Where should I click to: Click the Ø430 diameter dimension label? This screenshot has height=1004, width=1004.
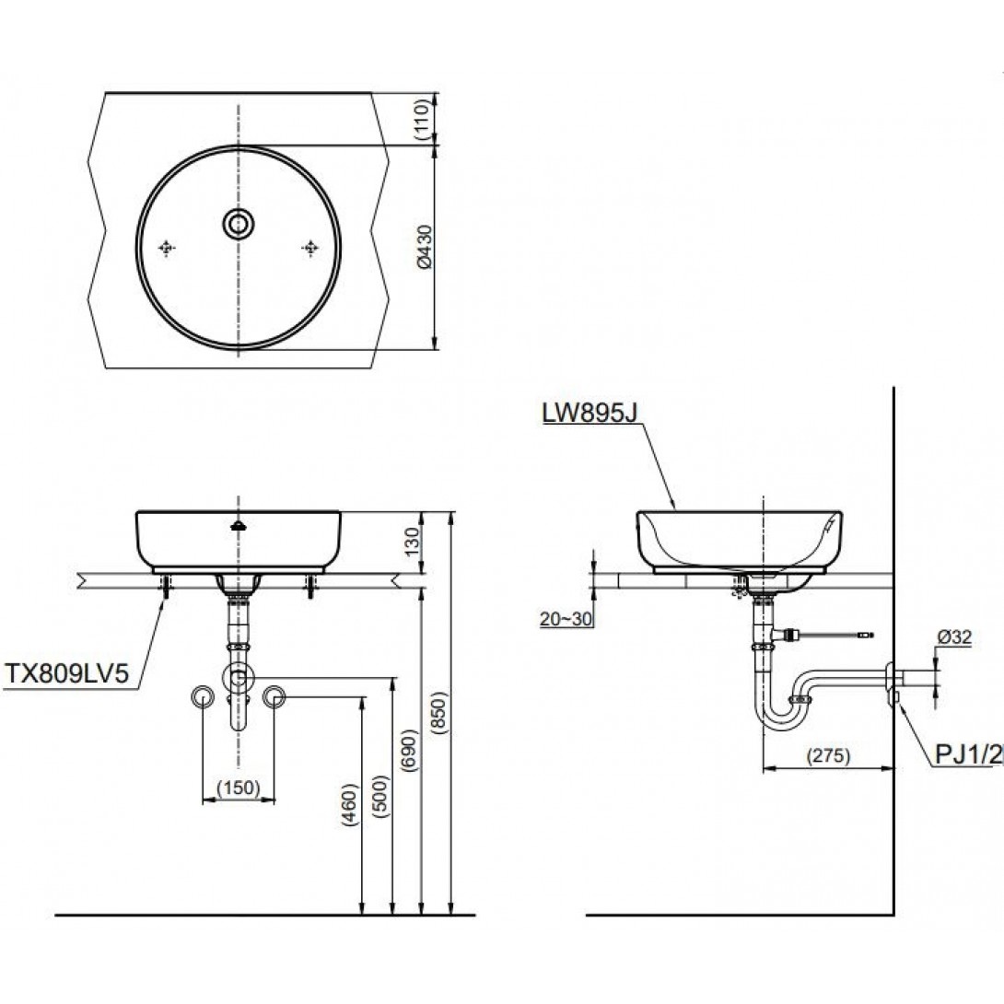click(x=423, y=249)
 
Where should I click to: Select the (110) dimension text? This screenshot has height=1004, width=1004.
click(x=423, y=119)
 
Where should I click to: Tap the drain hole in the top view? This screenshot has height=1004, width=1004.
click(x=239, y=222)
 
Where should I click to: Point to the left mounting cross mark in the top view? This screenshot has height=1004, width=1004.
click(x=168, y=247)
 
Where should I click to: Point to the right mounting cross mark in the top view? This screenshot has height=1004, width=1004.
click(x=310, y=247)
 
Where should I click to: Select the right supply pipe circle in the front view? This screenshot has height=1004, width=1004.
click(x=274, y=696)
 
